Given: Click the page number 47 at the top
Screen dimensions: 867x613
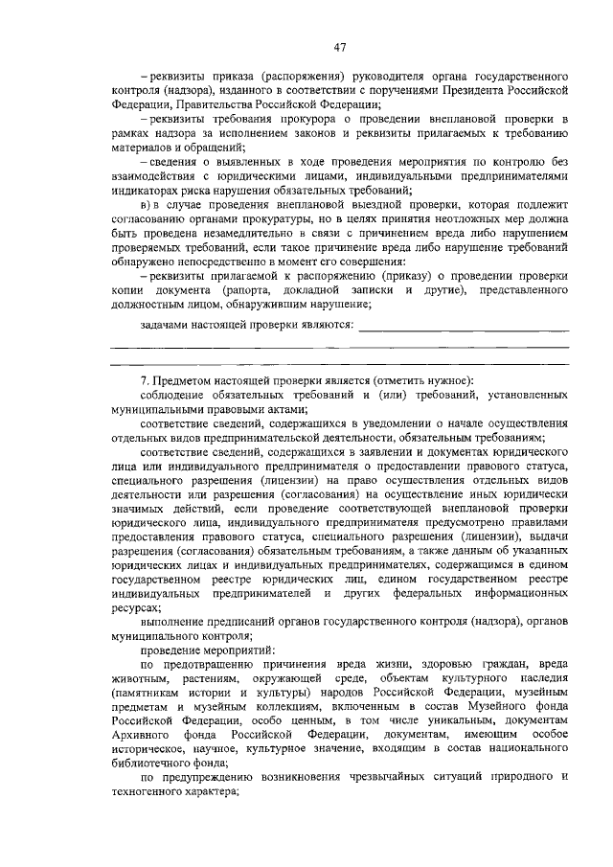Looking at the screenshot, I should click(x=340, y=48).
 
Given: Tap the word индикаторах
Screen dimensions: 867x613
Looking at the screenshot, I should click(x=145, y=191).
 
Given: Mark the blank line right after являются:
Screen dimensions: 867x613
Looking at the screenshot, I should click(x=464, y=327).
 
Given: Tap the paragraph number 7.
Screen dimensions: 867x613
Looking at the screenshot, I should click(x=143, y=383).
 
